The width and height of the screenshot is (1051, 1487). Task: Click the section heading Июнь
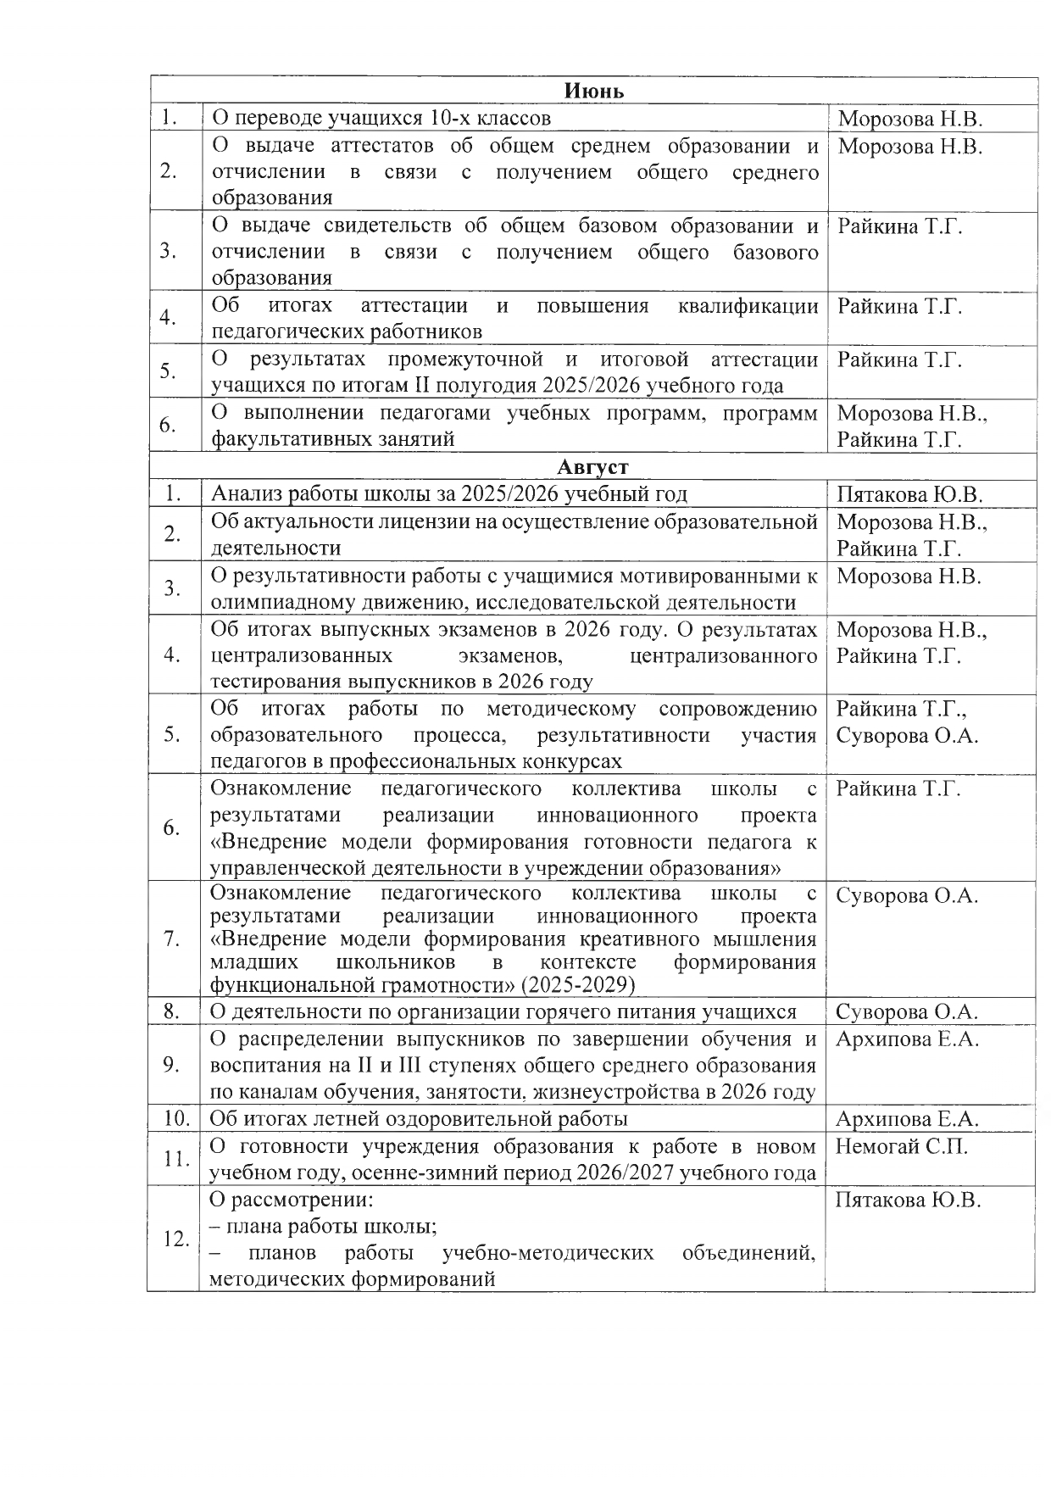click(594, 91)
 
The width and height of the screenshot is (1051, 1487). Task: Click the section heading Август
click(593, 466)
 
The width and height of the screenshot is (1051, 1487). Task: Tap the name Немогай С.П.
click(901, 1147)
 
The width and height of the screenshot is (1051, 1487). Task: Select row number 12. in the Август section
click(175, 1239)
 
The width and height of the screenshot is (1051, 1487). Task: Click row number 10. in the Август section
click(175, 1118)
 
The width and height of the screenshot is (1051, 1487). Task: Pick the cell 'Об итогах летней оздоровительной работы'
click(419, 1118)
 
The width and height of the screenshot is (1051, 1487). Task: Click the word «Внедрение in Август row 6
click(269, 842)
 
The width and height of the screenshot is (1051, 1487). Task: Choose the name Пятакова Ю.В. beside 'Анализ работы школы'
click(909, 494)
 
